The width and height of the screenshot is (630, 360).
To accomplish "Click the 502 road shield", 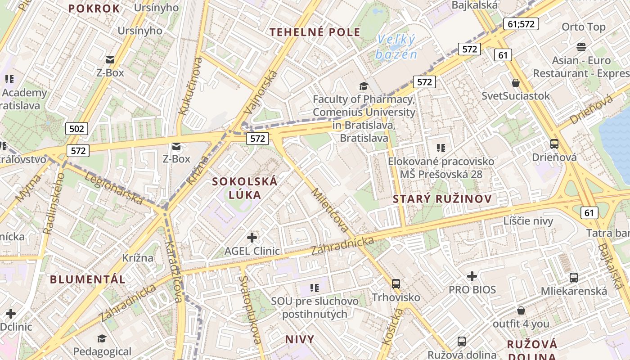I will click(x=76, y=129).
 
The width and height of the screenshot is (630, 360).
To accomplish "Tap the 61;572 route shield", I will click(x=521, y=24).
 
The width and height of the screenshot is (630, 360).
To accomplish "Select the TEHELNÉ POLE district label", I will click(x=315, y=32).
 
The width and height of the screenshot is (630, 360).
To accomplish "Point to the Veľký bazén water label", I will click(x=396, y=47).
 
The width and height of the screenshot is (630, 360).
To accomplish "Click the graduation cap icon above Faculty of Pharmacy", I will click(x=364, y=86).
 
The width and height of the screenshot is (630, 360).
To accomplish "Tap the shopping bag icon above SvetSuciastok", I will click(x=516, y=83).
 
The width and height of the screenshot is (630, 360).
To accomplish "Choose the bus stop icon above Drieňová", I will click(x=554, y=144).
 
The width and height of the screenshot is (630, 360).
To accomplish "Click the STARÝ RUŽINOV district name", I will click(x=442, y=199).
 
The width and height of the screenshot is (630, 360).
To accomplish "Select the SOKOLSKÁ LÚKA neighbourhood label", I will click(x=245, y=188).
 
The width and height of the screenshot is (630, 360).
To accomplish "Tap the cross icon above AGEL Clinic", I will click(x=252, y=237).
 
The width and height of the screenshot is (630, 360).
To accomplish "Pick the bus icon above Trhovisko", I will click(x=396, y=283).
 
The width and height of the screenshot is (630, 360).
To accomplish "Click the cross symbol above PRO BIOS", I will click(x=472, y=276).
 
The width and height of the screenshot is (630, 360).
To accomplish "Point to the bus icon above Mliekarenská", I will click(x=574, y=277).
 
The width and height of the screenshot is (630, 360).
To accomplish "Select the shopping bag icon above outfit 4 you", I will click(x=521, y=310).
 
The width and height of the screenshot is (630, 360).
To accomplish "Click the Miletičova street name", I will click(x=329, y=210).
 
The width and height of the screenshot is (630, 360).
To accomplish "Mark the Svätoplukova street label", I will click(x=251, y=310).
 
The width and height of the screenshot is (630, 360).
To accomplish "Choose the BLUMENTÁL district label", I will click(x=88, y=279).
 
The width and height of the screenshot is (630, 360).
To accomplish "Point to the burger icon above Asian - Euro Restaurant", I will click(x=581, y=47).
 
